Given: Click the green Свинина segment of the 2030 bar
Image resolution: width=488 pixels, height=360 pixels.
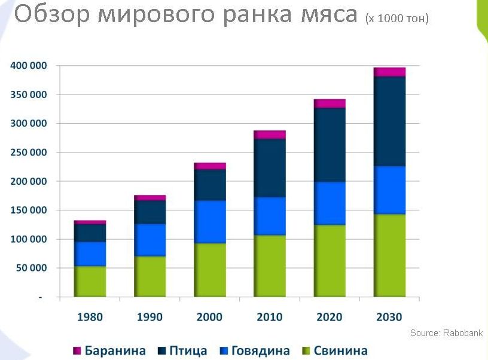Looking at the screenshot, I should pos(389,255).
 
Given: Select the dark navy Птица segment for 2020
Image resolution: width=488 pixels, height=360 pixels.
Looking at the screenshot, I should pos(330,145).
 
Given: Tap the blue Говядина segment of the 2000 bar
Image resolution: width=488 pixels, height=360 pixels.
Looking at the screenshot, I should pos(210,222).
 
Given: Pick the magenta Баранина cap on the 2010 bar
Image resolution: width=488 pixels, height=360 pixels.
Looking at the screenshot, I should pos(270,135).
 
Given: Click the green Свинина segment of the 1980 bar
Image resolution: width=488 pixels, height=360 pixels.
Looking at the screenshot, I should pos(90,281).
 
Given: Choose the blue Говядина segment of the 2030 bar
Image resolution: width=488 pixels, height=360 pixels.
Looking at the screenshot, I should pos(389,190).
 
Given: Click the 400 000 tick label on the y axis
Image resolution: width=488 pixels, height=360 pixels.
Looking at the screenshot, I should pos(29,65).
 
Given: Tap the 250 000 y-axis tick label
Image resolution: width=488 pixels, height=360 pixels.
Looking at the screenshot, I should pos(29,152).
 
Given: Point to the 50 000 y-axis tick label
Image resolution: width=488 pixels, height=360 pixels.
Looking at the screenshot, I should pos(31,268).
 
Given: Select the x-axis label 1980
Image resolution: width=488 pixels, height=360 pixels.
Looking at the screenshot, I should pos(90,317).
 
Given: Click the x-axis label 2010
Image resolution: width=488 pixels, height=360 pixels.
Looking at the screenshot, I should pos(270,317).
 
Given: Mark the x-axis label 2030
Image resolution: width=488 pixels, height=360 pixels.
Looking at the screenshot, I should pos(389,317).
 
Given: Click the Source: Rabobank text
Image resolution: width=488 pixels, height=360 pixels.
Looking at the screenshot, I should pos(446,333).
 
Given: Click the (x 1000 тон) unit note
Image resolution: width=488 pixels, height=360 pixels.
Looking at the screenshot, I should pos(397,19).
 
